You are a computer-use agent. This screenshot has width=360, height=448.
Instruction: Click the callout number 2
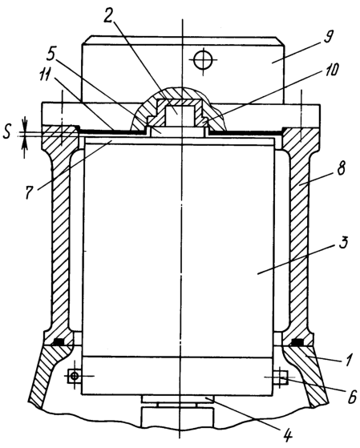[108, 16]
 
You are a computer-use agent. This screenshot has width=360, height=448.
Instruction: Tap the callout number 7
[30, 192]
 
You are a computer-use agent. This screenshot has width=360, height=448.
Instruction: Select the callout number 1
[347, 360]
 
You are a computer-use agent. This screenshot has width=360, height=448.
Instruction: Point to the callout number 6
[351, 397]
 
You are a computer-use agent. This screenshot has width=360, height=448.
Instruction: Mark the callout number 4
[288, 435]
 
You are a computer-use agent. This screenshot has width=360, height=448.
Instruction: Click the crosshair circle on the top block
[203, 59]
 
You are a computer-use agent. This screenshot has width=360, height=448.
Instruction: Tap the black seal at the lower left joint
[59, 341]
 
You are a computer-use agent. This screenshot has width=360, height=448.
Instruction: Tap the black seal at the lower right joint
[297, 341]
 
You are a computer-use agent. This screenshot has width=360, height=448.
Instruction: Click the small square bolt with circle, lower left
[75, 376]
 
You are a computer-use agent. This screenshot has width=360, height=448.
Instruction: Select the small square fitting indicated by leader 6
[281, 377]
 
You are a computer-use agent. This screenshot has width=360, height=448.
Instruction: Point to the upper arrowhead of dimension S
[25, 127]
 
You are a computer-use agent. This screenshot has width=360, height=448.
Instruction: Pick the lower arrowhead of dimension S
[25, 143]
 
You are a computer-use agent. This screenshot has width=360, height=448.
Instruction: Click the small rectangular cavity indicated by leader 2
[177, 115]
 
